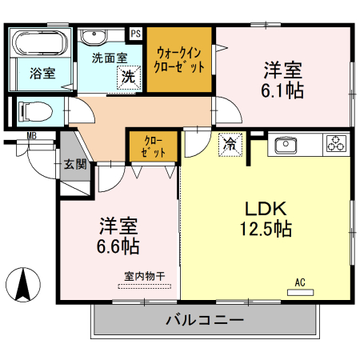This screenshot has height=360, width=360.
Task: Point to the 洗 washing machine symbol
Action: click(127, 78)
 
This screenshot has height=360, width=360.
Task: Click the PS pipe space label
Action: click(135, 33)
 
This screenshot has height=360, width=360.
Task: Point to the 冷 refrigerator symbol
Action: click(230, 144)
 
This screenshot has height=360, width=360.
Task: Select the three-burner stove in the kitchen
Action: click(336, 145)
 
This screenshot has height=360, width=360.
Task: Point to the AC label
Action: click(300, 282)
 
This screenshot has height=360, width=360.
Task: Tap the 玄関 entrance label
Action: click(76, 166)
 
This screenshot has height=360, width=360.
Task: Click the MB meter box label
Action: click(33, 137)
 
